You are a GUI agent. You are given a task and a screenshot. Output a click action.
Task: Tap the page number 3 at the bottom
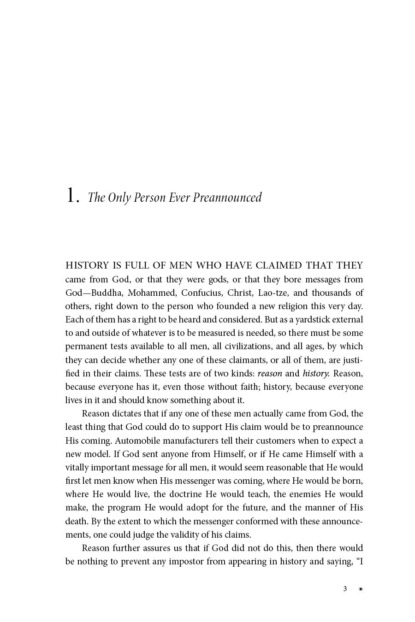point(344,589)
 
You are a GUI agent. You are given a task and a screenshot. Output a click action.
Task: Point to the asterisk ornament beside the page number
point(361,589)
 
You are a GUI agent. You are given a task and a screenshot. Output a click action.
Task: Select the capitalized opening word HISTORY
point(87,265)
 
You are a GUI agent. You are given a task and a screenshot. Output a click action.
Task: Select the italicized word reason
point(270,373)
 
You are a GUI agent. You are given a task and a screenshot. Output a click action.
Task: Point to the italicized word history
point(315,373)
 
